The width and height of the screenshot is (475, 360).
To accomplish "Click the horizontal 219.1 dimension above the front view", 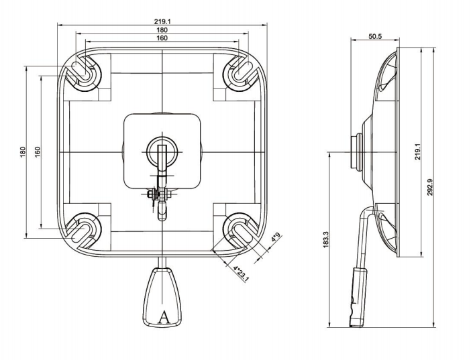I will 162,21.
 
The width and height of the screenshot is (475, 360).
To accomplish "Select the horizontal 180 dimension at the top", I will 162,30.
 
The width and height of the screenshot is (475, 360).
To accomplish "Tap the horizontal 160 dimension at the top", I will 162,39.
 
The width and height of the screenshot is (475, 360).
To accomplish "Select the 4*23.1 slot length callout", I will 240,274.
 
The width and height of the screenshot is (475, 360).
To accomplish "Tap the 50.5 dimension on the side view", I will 375,37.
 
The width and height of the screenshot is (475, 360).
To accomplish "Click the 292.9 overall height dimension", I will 430,187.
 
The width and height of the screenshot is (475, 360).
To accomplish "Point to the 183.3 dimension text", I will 326,240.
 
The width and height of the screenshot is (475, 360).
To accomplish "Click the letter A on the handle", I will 162,317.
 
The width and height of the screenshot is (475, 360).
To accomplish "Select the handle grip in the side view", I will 356,295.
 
